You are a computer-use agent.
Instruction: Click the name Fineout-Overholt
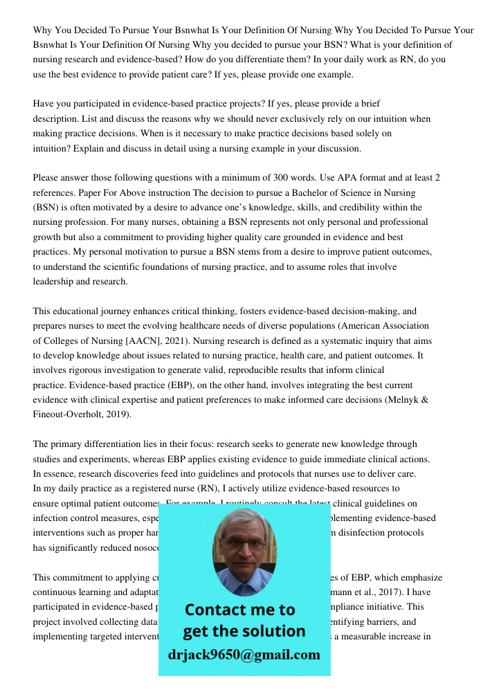tap(72, 414)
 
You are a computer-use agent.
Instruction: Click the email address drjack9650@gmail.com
tap(244, 654)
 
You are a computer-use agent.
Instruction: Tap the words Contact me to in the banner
tap(239, 610)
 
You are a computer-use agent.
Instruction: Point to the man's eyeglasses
tap(242, 540)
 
